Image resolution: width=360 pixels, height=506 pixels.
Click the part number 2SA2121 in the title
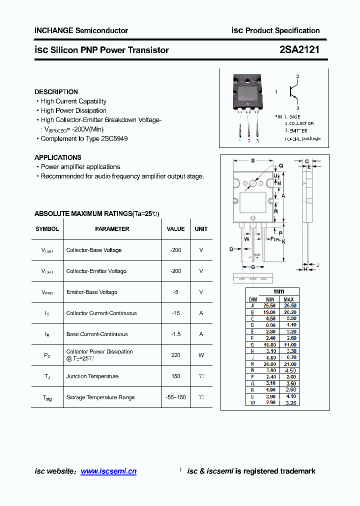pyautogui.click(x=299, y=49)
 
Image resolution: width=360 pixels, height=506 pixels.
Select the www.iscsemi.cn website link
pyautogui.click(x=108, y=471)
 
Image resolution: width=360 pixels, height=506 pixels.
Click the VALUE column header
pyautogui.click(x=175, y=229)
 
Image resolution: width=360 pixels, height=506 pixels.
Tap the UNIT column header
pyautogui.click(x=201, y=229)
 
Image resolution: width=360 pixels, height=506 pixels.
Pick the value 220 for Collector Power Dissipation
pyautogui.click(x=175, y=355)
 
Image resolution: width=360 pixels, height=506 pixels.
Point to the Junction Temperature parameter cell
pyautogui.click(x=92, y=376)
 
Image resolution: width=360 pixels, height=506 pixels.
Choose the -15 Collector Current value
pyautogui.click(x=175, y=313)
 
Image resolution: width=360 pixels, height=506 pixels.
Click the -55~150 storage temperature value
pyautogui.click(x=175, y=397)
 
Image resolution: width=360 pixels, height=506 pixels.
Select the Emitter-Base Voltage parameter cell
pyautogui.click(x=92, y=292)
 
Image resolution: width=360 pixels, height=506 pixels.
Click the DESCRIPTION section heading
pyautogui.click(x=56, y=92)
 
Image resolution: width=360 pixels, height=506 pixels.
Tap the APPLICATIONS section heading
pyautogui.click(x=58, y=157)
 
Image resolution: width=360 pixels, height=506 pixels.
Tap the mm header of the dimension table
pyautogui.click(x=278, y=291)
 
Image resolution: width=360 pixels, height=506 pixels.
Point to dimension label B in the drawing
pyautogui.click(x=253, y=160)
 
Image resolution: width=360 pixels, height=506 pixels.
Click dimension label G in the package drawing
pyautogui.click(x=253, y=267)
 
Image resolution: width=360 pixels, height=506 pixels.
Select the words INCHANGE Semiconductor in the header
pyautogui.click(x=81, y=30)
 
